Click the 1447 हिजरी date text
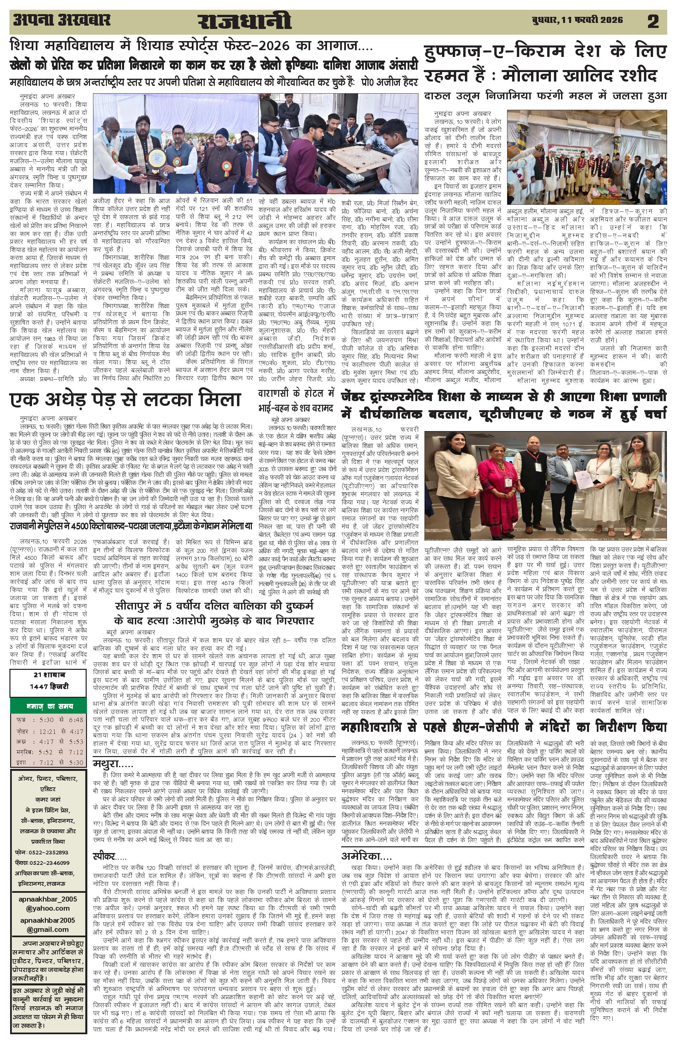click(48, 686)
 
